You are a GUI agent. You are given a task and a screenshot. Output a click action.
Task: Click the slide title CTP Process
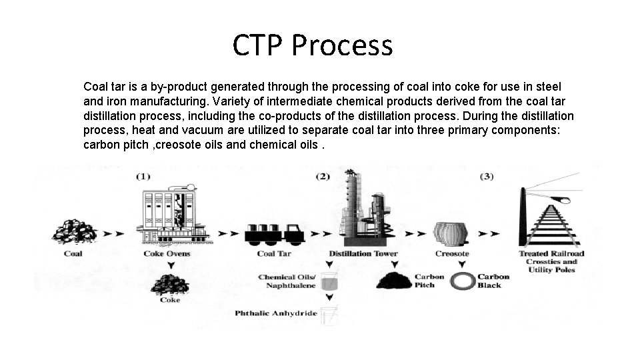(x=313, y=45)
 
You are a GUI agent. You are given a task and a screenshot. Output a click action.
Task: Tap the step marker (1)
(x=143, y=176)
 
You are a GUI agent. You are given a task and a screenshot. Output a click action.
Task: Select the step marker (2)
(x=323, y=176)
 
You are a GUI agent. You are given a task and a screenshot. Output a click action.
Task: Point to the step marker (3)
(x=487, y=176)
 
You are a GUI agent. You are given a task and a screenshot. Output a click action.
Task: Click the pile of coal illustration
(x=74, y=231)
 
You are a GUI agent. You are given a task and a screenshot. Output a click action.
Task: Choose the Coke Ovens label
(x=167, y=253)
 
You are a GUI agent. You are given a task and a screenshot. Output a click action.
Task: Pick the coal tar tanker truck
(x=275, y=233)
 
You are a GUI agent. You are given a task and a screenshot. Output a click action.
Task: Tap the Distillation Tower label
(x=363, y=253)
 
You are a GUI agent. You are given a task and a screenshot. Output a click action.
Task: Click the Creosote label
(x=452, y=253)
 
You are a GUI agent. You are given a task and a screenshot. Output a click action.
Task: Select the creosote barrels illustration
(x=451, y=233)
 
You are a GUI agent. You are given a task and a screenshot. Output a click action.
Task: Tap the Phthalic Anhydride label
(x=276, y=313)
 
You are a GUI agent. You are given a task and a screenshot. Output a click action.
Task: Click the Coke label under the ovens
(x=170, y=300)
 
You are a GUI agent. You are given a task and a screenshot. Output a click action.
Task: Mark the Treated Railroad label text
(x=551, y=253)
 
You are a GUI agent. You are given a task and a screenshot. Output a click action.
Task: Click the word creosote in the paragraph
(x=183, y=145)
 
